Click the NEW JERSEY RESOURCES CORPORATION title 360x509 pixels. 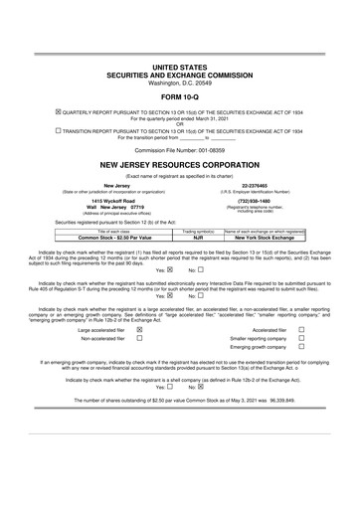pyautogui.click(x=180, y=164)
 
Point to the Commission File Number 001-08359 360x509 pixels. pyautogui.click(x=180, y=149)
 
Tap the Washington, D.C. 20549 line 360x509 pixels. pyautogui.click(x=180, y=83)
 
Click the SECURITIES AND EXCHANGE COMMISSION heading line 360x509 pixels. pyautogui.click(x=180, y=75)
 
